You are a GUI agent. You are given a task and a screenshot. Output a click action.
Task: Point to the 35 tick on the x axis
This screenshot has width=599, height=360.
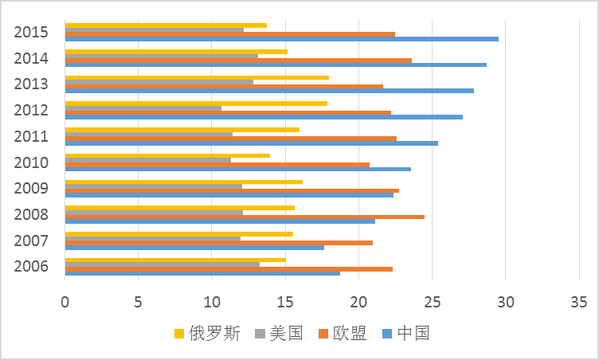pyautogui.click(x=578, y=302)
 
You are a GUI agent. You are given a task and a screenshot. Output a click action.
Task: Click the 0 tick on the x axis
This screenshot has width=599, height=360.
pyautogui.click(x=65, y=302)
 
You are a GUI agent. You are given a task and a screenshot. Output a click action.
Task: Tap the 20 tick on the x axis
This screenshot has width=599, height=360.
pyautogui.click(x=358, y=302)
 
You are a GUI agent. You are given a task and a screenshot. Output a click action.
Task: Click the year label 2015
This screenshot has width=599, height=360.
pyautogui.click(x=31, y=33)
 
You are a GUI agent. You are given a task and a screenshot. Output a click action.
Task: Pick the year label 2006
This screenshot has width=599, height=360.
pyautogui.click(x=31, y=267)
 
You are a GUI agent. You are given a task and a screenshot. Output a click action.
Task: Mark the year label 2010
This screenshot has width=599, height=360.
pyautogui.click(x=31, y=163)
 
